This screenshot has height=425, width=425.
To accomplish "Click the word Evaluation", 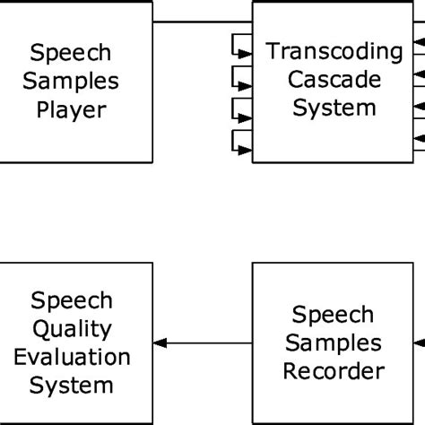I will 72,357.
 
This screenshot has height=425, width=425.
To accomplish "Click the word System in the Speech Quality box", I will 72,386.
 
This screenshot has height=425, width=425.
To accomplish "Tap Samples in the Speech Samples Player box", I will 72,82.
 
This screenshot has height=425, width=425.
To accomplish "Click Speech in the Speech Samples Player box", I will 72,53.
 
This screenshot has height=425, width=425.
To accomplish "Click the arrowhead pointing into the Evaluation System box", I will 160,343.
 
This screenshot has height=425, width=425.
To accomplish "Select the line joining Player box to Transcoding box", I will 202,21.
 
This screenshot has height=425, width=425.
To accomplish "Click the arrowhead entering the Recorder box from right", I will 420,343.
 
